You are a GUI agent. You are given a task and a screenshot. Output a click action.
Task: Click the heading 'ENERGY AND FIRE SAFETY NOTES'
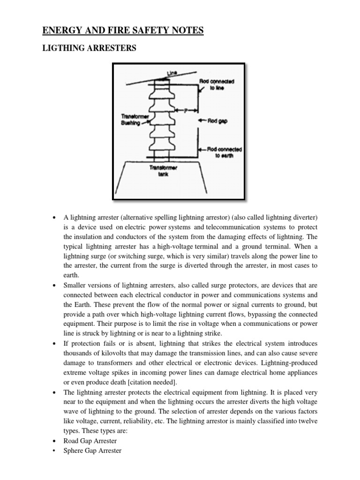tap(123, 31)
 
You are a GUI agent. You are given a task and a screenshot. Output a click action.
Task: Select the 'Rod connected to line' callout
tap(217, 84)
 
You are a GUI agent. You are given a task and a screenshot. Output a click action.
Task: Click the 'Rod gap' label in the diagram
tap(217, 120)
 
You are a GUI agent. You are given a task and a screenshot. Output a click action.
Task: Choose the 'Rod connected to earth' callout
tap(224, 152)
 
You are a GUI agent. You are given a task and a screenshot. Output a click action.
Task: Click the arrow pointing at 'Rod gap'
tap(202, 120)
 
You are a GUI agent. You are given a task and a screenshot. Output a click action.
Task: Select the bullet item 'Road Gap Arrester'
tap(90, 441)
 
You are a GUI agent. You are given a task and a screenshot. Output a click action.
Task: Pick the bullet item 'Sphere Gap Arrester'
tap(92, 450)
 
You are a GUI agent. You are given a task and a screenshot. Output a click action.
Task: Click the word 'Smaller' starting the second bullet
tap(75, 285)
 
